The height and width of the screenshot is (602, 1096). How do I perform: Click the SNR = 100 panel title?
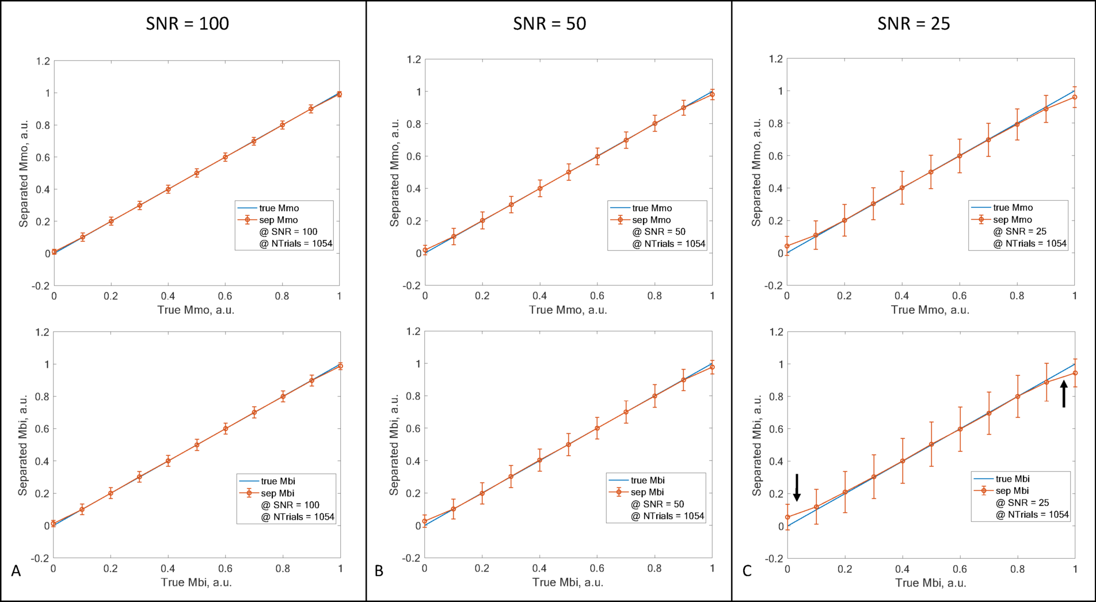[187, 24]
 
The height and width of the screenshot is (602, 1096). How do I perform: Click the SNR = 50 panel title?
[549, 24]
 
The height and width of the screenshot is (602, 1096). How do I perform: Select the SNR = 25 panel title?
[913, 24]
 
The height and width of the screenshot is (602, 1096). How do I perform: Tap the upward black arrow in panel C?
[1064, 394]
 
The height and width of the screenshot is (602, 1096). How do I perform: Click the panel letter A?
[16, 571]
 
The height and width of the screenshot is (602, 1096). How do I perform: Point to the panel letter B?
[379, 571]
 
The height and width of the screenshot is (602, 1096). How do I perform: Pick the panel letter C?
[747, 571]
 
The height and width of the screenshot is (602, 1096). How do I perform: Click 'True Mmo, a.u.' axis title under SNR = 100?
[196, 310]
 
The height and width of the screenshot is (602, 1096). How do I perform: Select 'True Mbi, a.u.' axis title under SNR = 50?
[568, 582]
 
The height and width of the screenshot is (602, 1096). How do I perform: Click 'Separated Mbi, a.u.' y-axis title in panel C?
[757, 445]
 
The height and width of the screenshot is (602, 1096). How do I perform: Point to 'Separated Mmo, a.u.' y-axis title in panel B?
[394, 173]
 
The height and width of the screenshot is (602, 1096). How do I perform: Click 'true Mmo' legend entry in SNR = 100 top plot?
[279, 208]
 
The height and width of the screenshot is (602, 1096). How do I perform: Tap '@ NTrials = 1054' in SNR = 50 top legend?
[668, 244]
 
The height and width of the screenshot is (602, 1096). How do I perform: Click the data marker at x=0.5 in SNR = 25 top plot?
[930, 172]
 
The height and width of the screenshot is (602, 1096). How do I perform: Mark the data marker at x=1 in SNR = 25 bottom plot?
[1075, 373]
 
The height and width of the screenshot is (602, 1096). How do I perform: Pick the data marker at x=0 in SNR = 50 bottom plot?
[425, 521]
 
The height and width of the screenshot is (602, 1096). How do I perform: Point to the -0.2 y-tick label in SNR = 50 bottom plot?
[411, 558]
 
